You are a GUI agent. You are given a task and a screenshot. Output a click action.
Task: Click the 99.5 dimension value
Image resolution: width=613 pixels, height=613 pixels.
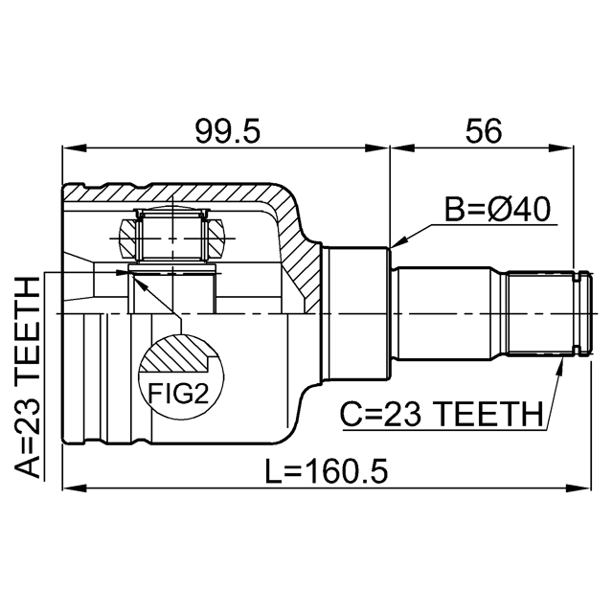[x=226, y=132]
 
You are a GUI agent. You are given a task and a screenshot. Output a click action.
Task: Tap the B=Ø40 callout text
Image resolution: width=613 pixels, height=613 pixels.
[x=497, y=209]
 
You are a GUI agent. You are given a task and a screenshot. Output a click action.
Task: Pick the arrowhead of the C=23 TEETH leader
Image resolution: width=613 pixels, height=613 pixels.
[x=558, y=367]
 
